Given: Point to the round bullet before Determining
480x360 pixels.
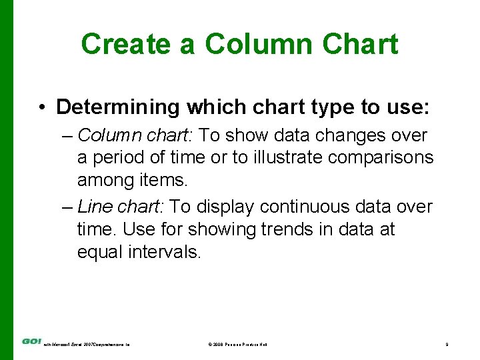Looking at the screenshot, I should point(42,107).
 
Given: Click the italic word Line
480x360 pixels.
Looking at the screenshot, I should point(93,207).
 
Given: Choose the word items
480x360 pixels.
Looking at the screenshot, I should point(163,179).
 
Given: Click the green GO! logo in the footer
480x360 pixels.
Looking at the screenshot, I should point(31,342).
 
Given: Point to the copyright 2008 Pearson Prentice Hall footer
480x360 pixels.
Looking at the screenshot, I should point(237,344).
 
